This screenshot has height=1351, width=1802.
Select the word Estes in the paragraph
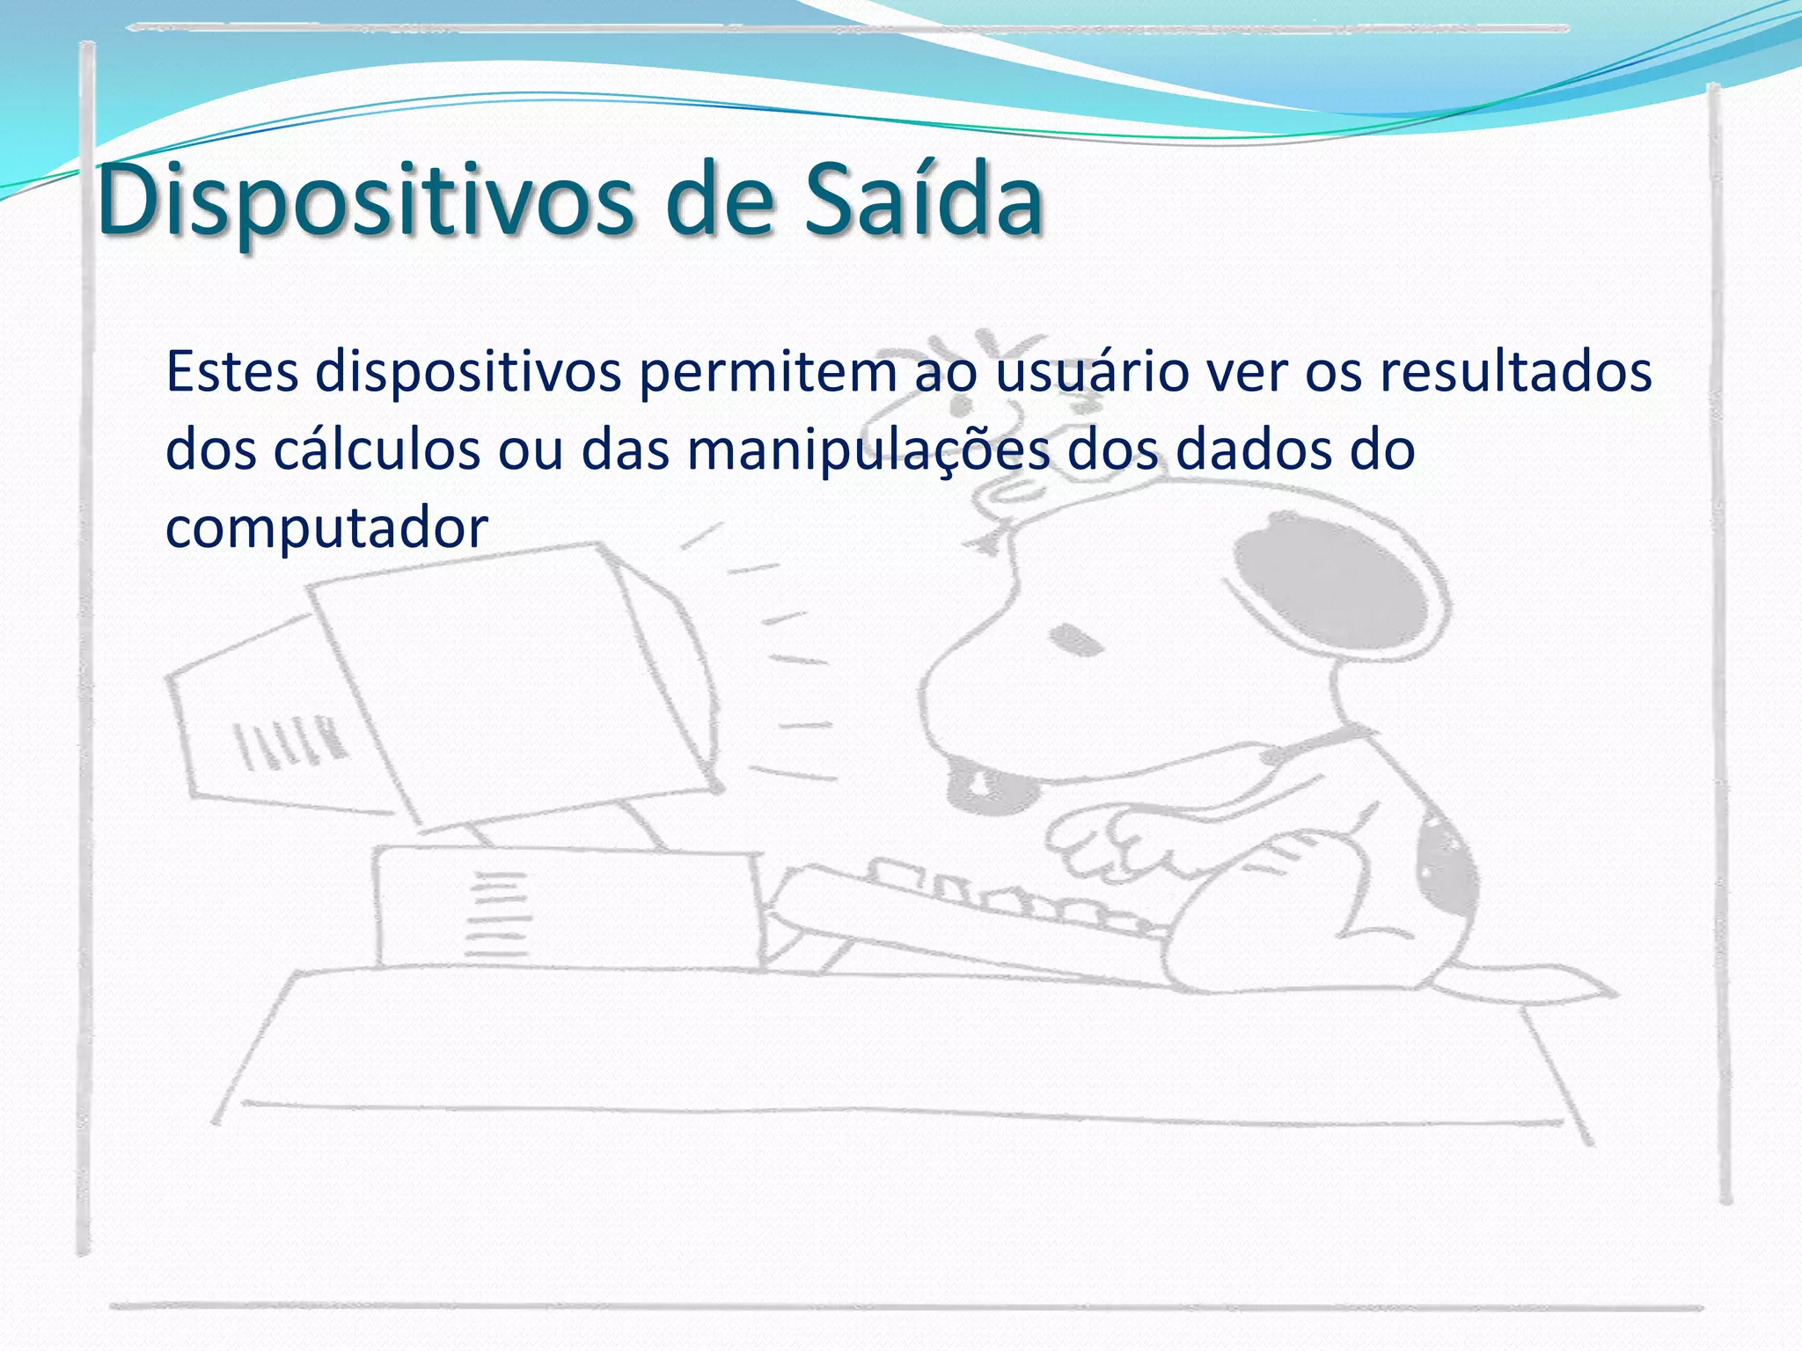point(232,371)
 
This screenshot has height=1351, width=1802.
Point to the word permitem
point(767,373)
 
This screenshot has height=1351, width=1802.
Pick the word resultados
point(1515,371)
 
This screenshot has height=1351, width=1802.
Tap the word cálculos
point(377,449)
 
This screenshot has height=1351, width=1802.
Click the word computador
point(326,528)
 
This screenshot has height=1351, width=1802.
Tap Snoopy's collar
point(1320,743)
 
